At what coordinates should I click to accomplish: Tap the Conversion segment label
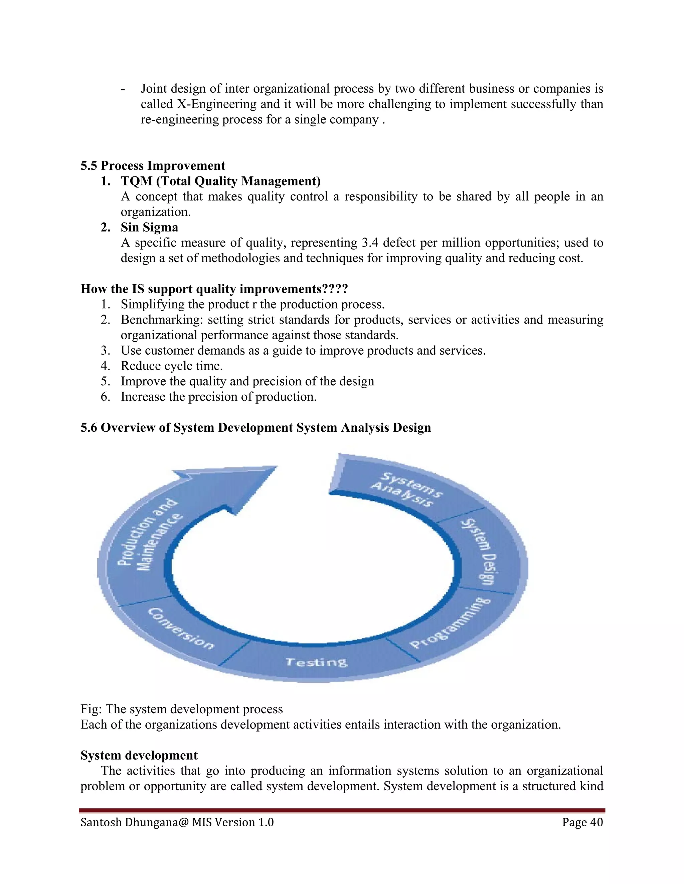pos(181,628)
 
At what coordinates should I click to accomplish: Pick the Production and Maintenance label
pos(150,535)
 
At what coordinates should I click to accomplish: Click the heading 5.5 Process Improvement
pos(153,165)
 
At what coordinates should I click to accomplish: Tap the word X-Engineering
pos(217,104)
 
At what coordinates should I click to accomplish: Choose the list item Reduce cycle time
pos(171,366)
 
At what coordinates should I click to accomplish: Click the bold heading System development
pos(139,755)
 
